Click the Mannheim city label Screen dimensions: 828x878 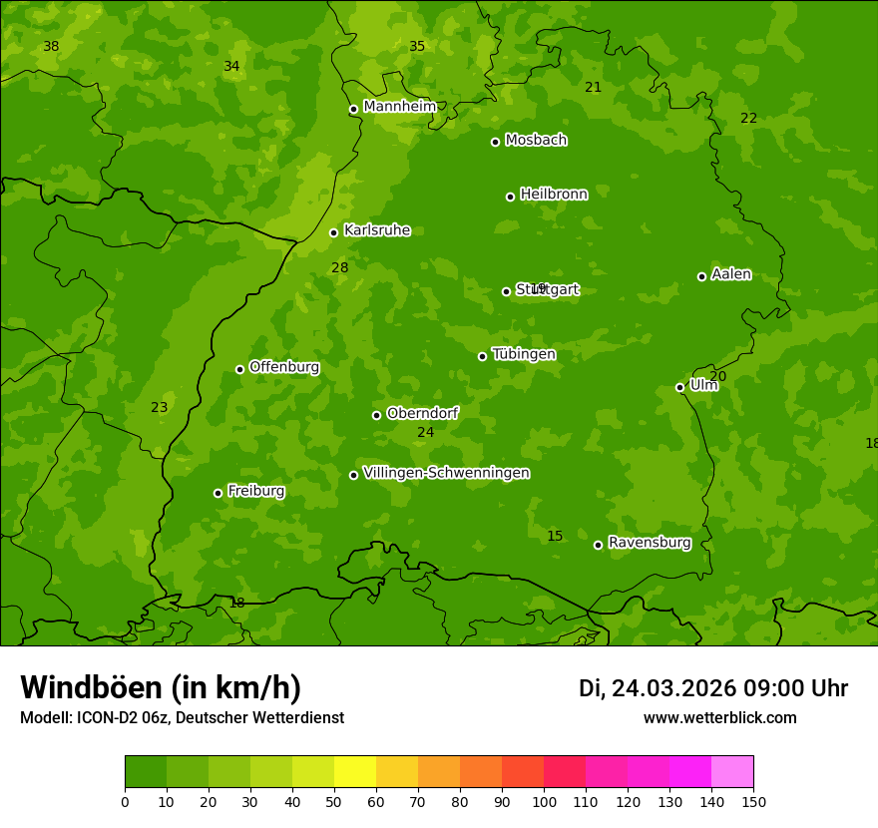[399, 107]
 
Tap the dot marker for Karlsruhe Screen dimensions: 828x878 [334, 233]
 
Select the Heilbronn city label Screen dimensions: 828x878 [554, 195]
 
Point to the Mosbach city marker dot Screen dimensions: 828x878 [495, 142]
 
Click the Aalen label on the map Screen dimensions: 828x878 [731, 274]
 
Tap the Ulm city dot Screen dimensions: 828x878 [680, 387]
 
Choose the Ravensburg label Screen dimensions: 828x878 [650, 543]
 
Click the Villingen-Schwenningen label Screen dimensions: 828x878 [446, 473]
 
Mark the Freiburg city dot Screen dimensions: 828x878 [218, 493]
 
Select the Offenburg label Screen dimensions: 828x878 [284, 367]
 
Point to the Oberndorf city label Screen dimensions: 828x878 [422, 413]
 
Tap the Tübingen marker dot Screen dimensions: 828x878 [483, 356]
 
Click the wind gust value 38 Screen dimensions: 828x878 [51, 47]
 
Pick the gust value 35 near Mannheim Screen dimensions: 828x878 [417, 47]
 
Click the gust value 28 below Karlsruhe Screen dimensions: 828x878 [340, 268]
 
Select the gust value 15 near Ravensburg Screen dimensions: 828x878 [555, 537]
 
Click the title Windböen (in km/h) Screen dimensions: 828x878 [161, 687]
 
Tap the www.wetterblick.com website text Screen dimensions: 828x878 [719, 717]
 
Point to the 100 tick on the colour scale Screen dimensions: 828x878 [544, 801]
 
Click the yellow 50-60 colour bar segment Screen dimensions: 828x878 [355, 772]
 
